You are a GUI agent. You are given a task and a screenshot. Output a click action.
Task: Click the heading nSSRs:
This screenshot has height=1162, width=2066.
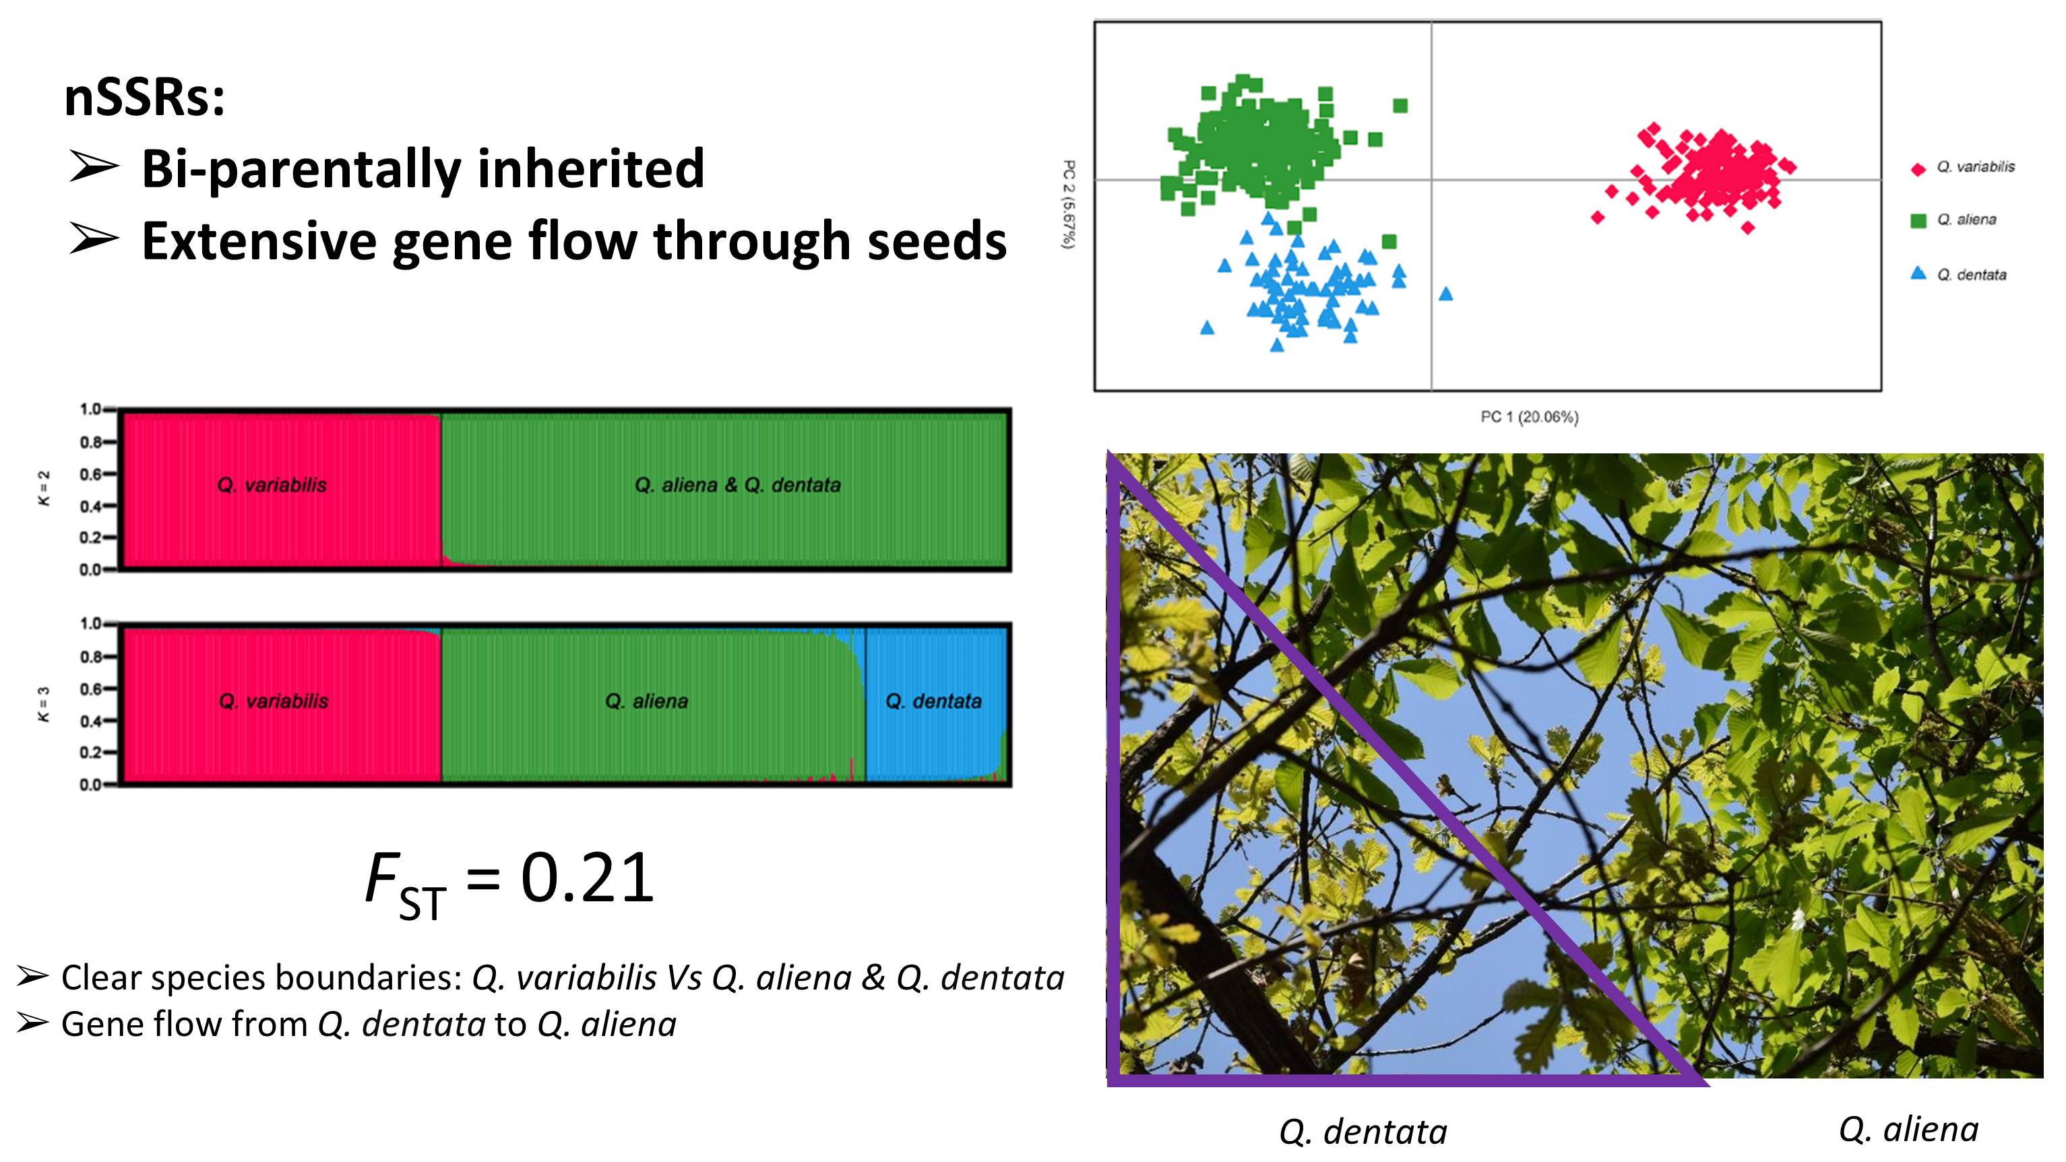point(144,97)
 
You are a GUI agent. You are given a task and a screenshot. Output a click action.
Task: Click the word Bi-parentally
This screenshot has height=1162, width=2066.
point(301,170)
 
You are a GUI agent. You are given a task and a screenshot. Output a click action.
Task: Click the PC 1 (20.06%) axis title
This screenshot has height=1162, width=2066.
point(1529,417)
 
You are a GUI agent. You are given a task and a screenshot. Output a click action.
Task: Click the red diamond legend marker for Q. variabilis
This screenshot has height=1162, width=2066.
point(1918,168)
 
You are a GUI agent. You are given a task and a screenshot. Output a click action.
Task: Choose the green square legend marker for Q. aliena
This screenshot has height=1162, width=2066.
point(1918,220)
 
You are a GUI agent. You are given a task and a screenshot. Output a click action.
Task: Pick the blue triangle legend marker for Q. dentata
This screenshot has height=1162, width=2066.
point(1918,273)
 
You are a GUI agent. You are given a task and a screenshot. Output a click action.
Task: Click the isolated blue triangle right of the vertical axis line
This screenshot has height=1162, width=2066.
point(1445,294)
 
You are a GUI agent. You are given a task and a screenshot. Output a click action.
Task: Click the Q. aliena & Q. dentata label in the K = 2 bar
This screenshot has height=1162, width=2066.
point(738,485)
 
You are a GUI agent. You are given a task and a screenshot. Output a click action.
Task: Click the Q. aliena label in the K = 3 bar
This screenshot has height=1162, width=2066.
point(646,702)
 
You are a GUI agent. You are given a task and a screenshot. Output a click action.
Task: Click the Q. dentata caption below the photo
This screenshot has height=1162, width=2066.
point(1363,1132)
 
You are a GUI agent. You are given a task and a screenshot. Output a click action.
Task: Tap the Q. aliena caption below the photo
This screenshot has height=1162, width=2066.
point(1909,1129)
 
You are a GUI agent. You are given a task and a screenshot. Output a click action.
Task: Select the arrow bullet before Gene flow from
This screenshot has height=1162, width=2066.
point(32,1023)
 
